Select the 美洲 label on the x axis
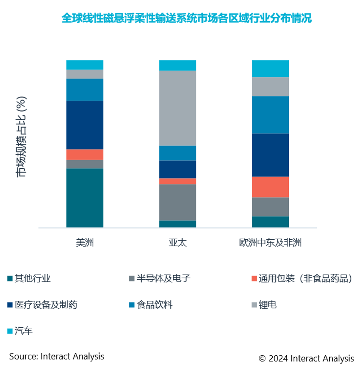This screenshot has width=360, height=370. (85, 243)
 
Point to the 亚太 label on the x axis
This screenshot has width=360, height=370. (177, 243)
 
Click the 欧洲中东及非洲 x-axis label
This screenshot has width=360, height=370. (270, 243)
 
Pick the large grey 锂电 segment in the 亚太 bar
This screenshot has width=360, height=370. (177, 108)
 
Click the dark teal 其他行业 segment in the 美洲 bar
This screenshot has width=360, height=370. (85, 198)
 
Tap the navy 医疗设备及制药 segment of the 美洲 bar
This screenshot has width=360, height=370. (85, 125)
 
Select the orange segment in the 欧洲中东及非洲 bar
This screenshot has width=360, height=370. (270, 186)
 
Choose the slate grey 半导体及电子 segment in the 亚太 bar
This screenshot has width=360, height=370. (177, 202)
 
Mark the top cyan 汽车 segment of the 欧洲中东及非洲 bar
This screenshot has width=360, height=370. (270, 68)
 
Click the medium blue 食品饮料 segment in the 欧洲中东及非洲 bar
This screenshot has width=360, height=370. (270, 115)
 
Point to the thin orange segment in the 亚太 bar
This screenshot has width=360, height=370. (177, 181)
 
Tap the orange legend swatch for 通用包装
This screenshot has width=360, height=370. (254, 279)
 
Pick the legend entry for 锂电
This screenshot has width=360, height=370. (267, 305)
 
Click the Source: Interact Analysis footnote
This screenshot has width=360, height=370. (57, 356)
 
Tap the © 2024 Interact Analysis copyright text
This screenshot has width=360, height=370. (306, 358)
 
